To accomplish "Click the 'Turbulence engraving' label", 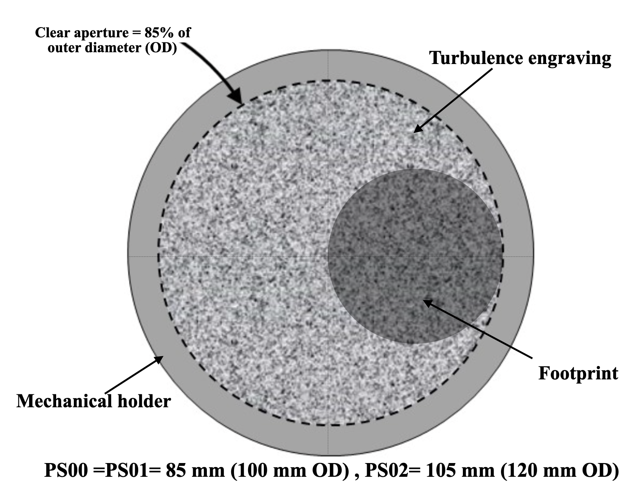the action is pos(520,58).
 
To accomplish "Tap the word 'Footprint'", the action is pos(578,373).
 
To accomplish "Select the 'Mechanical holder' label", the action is pos(93,401).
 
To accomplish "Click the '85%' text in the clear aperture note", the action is pos(160,33).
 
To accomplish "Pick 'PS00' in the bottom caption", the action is pos(66,470).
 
